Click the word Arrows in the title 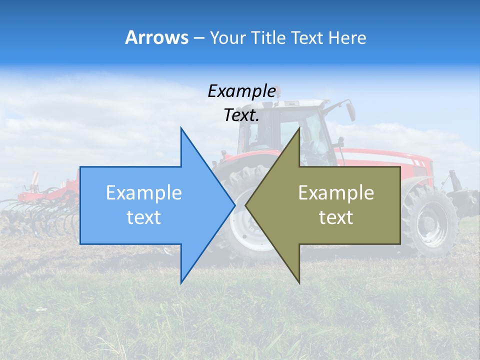tap(156, 37)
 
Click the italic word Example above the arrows tap(241, 91)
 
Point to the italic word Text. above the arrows tap(241, 115)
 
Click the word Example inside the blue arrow tap(144, 193)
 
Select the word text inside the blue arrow tap(144, 217)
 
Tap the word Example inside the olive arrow tap(336, 193)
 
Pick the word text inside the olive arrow tap(336, 217)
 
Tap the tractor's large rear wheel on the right tap(430, 220)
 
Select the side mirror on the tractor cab tap(350, 110)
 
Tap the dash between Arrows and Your tap(198, 37)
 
